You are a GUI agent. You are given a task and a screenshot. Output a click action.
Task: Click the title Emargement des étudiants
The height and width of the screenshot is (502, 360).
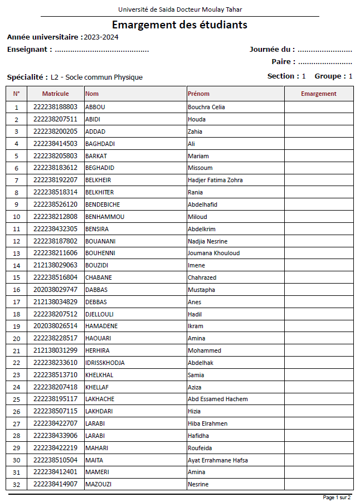(179, 25)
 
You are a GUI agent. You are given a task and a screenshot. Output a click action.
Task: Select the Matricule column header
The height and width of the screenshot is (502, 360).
(55, 94)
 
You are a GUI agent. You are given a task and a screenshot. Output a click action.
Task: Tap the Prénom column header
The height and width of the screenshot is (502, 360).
(198, 94)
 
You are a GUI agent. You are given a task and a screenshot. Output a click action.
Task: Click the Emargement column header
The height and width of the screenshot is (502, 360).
(319, 94)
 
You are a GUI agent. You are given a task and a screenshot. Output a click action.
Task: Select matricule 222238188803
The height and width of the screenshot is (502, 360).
(55, 107)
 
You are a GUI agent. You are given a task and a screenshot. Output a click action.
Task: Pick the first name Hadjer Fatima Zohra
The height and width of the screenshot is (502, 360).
(215, 180)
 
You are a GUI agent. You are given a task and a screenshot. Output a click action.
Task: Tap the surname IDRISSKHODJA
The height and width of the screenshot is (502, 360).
(105, 363)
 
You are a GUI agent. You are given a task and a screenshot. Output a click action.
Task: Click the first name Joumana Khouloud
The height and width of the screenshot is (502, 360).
(213, 253)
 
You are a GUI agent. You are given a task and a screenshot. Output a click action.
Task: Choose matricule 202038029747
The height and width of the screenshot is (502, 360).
(55, 290)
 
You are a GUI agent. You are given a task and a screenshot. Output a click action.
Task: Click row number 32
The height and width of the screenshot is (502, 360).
(16, 485)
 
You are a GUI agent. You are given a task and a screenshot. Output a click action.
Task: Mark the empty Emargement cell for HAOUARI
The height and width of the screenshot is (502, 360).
(319, 338)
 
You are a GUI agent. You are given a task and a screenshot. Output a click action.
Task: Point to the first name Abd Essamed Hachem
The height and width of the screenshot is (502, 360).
(217, 399)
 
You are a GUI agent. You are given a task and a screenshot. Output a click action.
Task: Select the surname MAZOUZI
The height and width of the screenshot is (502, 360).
(98, 484)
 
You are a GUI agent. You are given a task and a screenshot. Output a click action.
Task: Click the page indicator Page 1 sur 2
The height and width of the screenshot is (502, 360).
(337, 497)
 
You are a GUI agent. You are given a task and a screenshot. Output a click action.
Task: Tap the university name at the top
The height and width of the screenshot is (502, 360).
(180, 9)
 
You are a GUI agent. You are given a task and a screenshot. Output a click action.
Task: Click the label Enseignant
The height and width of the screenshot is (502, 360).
(30, 50)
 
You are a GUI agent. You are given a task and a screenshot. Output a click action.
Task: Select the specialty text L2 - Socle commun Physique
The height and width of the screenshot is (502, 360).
(96, 77)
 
